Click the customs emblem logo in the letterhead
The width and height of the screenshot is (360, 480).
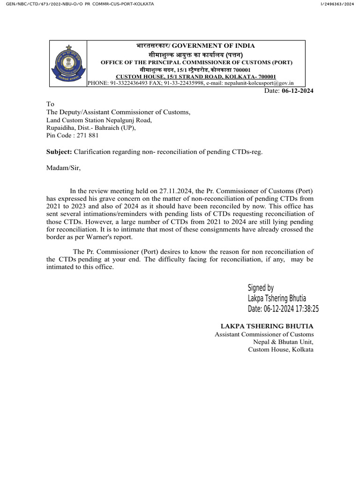(68, 63)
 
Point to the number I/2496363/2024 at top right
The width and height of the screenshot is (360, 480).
(337, 4)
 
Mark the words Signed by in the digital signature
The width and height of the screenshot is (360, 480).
(261, 288)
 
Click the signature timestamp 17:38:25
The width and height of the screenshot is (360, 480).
(304, 308)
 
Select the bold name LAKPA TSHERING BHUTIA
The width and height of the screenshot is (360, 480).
(267, 326)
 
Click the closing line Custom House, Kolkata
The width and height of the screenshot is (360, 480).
(280, 350)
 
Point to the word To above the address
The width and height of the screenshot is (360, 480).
(50, 104)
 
